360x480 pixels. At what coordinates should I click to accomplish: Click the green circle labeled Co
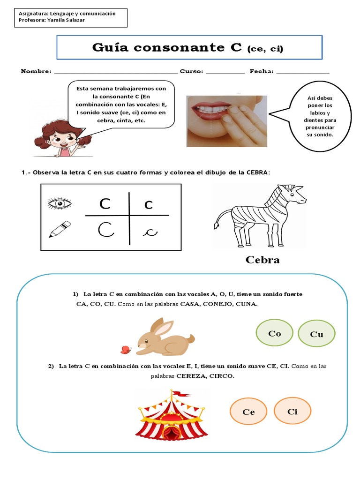point(275,333)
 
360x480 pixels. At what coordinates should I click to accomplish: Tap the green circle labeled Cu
point(317,334)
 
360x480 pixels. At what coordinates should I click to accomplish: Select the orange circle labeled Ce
point(248,412)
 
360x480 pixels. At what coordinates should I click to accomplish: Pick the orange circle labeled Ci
point(292,411)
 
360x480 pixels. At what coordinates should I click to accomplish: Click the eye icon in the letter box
point(60,203)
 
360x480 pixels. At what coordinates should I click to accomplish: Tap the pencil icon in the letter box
point(60,229)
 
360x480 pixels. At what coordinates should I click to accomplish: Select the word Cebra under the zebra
point(262,260)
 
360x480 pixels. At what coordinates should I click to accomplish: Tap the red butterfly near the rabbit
point(125,349)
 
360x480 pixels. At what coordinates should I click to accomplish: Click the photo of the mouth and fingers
point(226,121)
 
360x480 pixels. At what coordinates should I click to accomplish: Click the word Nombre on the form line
point(36,72)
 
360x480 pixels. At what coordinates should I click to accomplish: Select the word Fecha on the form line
point(261,72)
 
